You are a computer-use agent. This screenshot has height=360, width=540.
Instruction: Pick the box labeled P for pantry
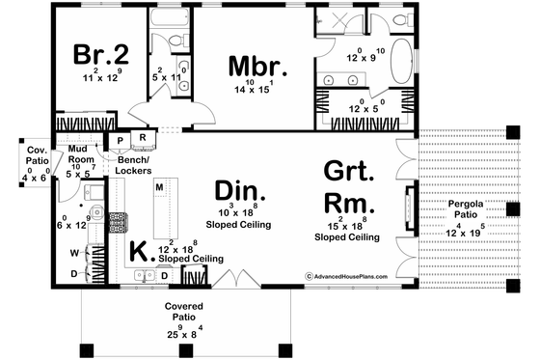pyautogui.click(x=121, y=139)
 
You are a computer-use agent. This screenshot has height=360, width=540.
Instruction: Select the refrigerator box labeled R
pyautogui.click(x=143, y=139)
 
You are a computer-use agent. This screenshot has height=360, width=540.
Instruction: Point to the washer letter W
pyautogui.click(x=75, y=255)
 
